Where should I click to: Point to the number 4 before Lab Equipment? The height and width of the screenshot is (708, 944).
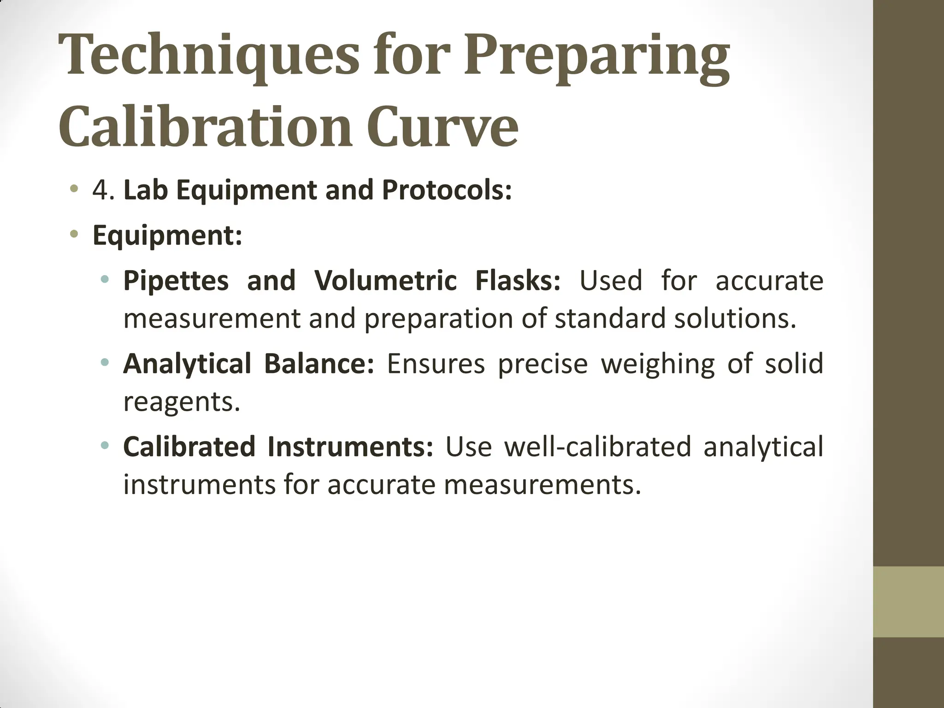pyautogui.click(x=101, y=190)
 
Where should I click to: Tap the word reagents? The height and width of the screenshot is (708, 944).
pyautogui.click(x=181, y=402)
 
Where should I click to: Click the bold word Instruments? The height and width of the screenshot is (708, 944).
pyautogui.click(x=350, y=446)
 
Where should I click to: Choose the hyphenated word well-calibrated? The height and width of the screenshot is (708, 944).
pyautogui.click(x=597, y=446)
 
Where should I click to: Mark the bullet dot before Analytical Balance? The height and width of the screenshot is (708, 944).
pyautogui.click(x=105, y=362)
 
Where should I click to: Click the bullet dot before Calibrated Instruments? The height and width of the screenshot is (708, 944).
pyautogui.click(x=105, y=445)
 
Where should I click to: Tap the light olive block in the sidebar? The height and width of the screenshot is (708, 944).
pyautogui.click(x=909, y=602)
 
